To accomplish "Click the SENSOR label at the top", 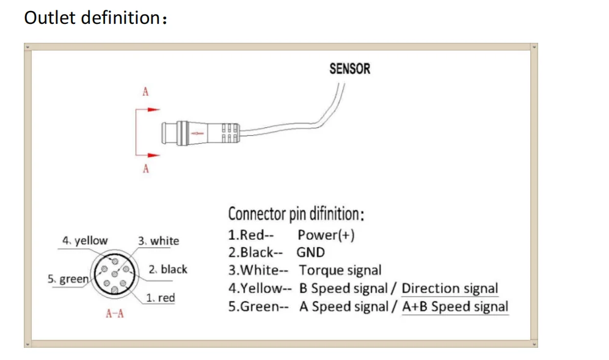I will click(349, 68).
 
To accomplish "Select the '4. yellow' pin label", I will click(85, 241).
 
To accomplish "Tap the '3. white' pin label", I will click(158, 241).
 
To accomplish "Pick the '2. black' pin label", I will click(167, 270).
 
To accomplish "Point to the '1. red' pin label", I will click(161, 298).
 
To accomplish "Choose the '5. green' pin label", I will click(68, 279).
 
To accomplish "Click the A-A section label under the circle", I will click(115, 314).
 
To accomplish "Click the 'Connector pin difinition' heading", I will click(296, 215).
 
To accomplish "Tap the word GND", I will click(311, 252).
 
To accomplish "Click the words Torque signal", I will click(340, 270).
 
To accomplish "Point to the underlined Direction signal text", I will click(450, 288).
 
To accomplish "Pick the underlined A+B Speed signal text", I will click(455, 306).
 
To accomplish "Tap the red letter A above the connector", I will click(145, 92).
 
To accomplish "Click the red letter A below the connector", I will click(145, 169).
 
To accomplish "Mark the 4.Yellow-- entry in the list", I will click(260, 288).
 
